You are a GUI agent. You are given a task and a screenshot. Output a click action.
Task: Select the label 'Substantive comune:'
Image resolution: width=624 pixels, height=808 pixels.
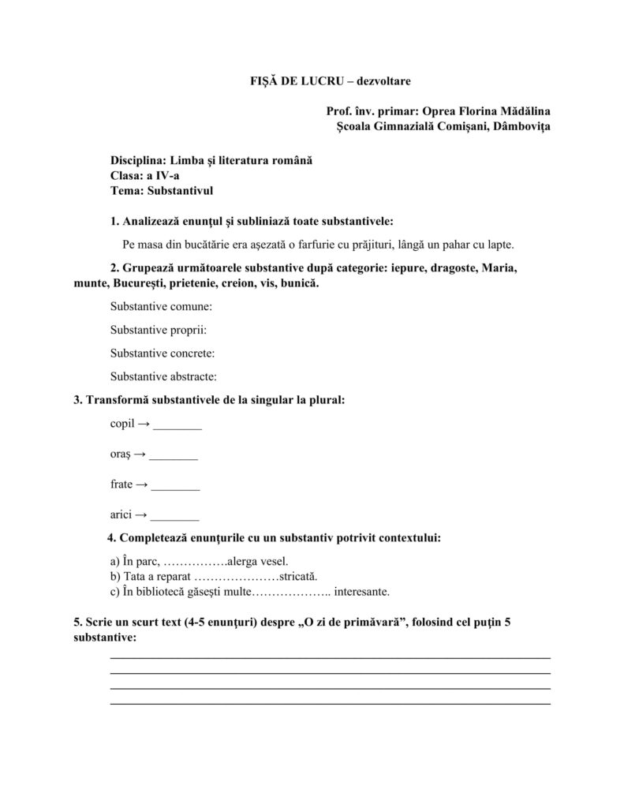(161, 306)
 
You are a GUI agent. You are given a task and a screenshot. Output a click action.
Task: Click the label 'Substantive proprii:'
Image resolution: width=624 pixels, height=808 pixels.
(158, 330)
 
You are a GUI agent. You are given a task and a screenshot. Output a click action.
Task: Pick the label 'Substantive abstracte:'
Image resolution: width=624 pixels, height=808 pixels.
(163, 376)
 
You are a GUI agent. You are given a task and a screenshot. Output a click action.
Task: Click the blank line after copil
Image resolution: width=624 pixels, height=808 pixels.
(177, 428)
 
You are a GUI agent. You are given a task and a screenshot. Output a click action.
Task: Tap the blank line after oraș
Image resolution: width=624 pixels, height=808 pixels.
(174, 458)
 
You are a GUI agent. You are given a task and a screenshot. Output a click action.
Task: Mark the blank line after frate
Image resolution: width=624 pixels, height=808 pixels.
(175, 488)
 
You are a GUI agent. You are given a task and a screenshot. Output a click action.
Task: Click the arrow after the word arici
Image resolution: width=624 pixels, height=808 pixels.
(140, 514)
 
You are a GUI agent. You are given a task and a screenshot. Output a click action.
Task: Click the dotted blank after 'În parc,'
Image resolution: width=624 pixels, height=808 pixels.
(197, 563)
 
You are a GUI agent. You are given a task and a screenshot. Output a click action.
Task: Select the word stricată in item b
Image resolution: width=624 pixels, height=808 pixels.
(296, 577)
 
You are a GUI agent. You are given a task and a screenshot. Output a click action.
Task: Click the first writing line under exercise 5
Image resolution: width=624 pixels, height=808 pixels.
(330, 656)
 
